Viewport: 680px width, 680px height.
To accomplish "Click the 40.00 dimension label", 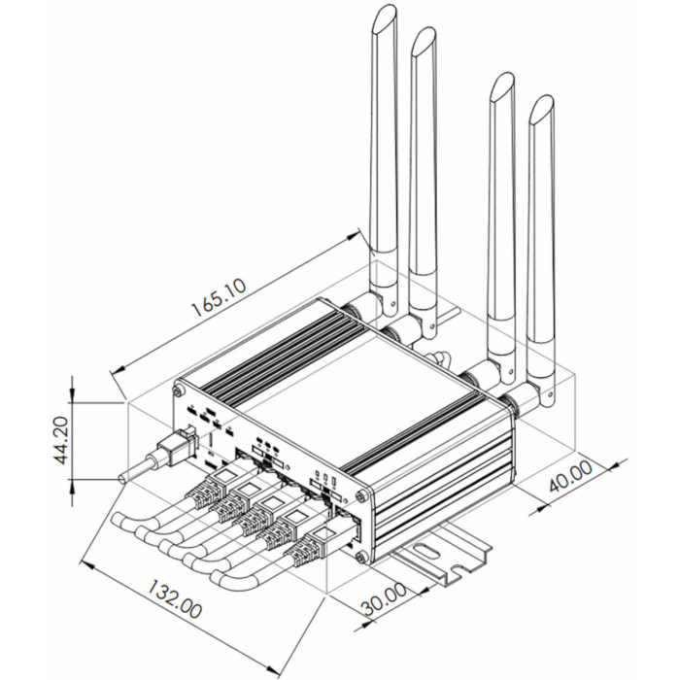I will (568, 480).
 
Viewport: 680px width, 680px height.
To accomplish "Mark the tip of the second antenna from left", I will (424, 40).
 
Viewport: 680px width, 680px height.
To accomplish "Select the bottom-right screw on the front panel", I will (361, 557).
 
